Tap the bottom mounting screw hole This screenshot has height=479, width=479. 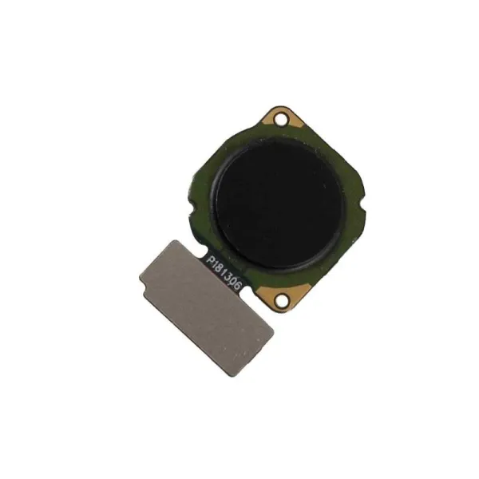281,299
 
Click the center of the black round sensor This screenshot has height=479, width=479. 279,203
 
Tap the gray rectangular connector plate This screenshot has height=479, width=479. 206,307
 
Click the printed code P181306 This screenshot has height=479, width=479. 224,272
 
